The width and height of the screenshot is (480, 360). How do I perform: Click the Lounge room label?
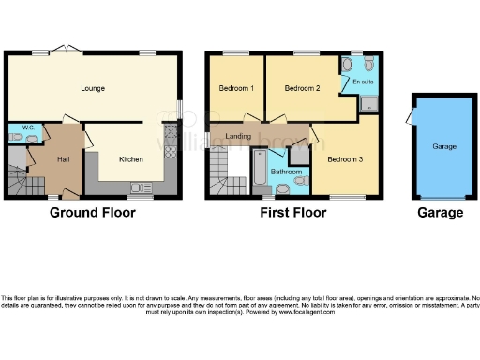92,89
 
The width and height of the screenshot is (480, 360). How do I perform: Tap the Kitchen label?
130,159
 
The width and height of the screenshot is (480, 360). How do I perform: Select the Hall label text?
63,159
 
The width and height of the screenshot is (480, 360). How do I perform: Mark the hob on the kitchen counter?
171,146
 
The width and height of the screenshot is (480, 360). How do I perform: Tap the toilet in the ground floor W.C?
33,139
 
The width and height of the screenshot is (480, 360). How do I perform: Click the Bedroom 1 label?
236,89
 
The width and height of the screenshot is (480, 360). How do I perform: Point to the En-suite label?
363,82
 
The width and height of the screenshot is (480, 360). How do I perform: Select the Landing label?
239,137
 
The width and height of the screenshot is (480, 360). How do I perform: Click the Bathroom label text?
285,172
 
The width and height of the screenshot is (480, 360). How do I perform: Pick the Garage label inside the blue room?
444,147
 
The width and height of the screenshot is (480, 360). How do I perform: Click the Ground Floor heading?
92,213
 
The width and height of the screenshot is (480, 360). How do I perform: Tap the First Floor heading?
293,213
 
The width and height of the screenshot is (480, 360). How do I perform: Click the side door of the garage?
409,117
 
